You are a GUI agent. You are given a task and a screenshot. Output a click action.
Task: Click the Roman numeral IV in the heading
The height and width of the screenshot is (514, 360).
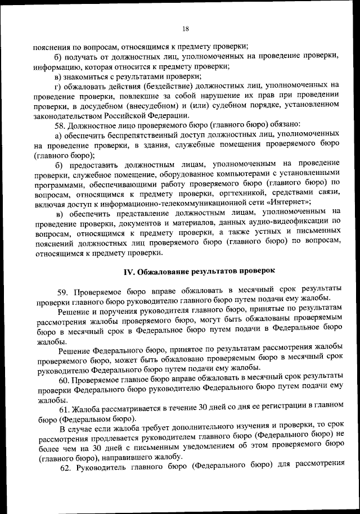pos(128,271)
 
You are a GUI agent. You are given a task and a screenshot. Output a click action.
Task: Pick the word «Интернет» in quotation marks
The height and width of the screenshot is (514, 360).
pos(289,201)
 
